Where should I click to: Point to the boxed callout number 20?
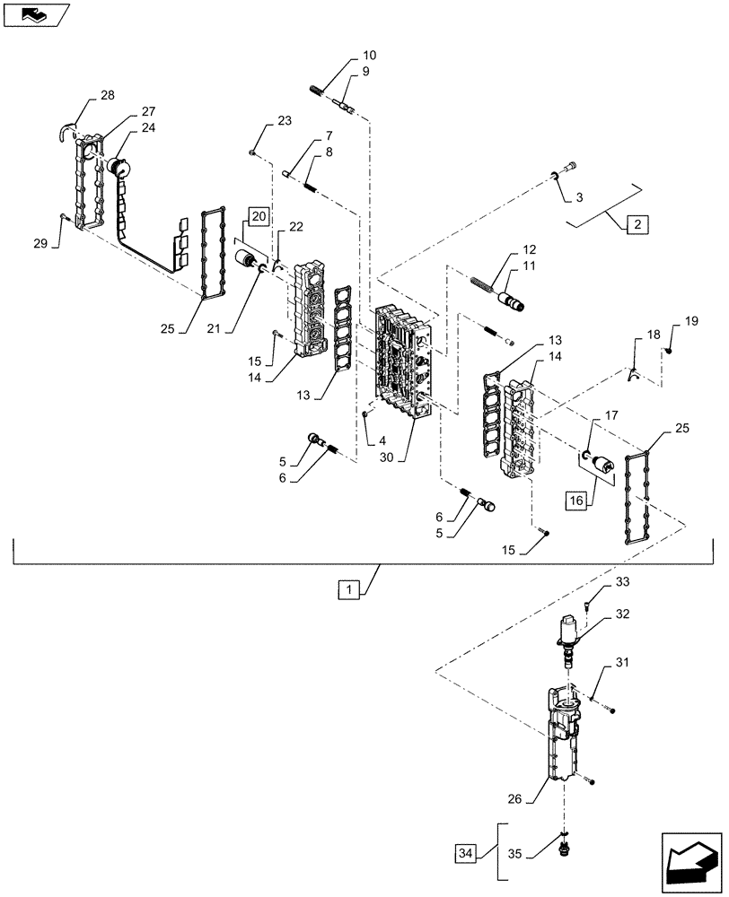point(259,217)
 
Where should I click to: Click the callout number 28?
point(108,95)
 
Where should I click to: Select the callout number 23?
point(284,120)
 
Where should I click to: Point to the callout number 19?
point(690,321)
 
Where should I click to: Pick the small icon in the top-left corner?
point(35,14)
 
